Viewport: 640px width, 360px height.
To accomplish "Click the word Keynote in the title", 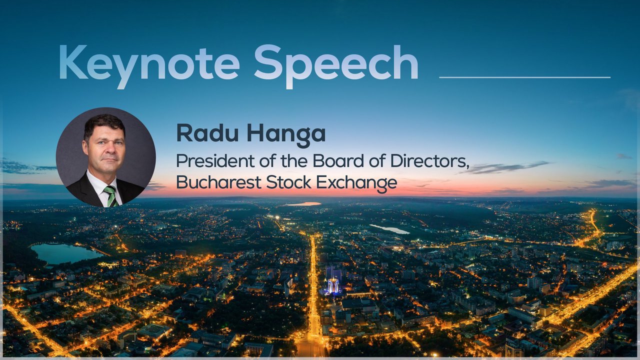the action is click(x=149, y=65).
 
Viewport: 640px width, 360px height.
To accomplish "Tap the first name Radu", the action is click(x=207, y=133).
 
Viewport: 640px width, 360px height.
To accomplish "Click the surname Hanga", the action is click(x=286, y=135).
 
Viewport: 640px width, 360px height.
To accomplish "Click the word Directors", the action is click(x=429, y=161).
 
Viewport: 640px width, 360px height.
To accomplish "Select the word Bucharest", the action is click(x=219, y=182).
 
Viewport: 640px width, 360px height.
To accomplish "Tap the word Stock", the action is click(x=288, y=182).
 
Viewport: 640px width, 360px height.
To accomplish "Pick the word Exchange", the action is click(x=356, y=183).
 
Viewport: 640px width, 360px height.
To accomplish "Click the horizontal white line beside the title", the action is click(x=524, y=77).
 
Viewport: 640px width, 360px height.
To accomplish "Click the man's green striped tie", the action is click(x=111, y=196).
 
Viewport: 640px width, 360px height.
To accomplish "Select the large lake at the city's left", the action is click(x=65, y=253).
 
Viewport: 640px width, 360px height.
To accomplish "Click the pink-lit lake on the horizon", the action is click(x=302, y=204).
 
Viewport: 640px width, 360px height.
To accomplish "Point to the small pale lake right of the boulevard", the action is click(x=389, y=229).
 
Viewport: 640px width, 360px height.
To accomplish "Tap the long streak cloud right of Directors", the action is click(x=505, y=167).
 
